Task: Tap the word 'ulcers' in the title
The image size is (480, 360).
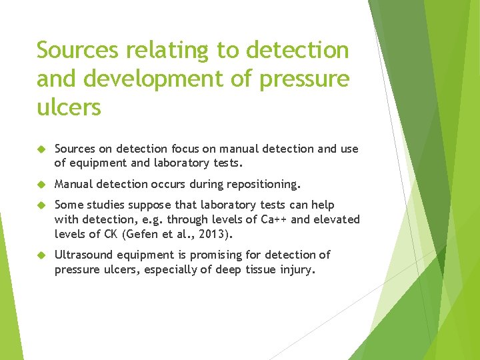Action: pos(69,107)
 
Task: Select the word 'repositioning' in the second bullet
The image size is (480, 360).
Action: pos(264,183)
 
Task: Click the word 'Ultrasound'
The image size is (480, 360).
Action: pos(85,255)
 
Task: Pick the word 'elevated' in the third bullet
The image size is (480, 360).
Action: pos(336,219)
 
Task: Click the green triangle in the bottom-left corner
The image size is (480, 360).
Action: pos(8,313)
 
